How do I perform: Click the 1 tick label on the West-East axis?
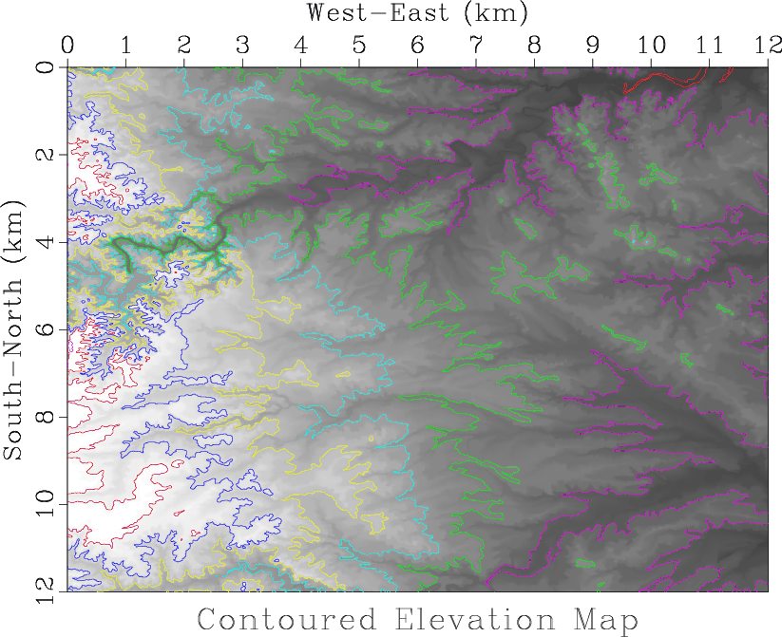tap(125, 46)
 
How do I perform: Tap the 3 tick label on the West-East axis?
tap(242, 46)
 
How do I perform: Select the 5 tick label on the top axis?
tap(359, 46)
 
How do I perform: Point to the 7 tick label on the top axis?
tap(476, 46)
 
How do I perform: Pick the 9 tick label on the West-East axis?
tap(593, 46)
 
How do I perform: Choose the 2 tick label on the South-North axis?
tap(46, 154)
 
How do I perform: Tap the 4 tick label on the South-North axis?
tap(46, 241)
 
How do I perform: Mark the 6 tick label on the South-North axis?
tap(46, 328)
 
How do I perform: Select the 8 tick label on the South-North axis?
tap(46, 416)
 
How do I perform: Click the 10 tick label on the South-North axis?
tap(46, 503)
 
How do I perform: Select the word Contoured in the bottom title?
tap(286, 621)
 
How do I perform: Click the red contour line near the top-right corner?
tap(665, 82)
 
